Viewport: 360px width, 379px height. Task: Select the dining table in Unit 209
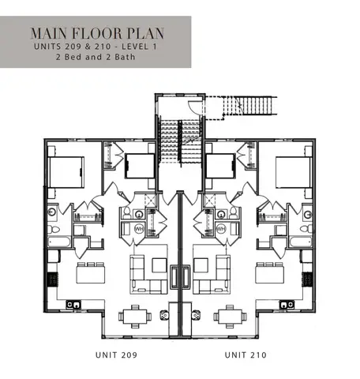point(131,316)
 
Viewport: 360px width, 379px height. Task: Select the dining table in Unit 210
point(230,316)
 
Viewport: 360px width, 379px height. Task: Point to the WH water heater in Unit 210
point(221,229)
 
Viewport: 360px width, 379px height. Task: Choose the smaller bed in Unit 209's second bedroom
point(140,167)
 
